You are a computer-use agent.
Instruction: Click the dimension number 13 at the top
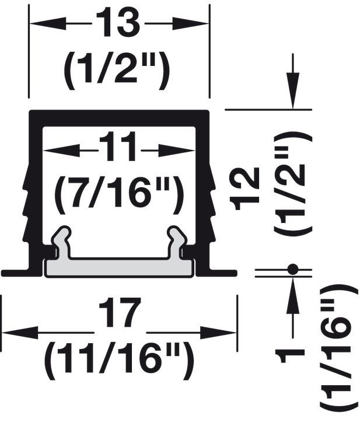[118, 22]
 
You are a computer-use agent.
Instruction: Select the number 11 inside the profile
[118, 146]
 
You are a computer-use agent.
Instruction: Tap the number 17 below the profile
[120, 312]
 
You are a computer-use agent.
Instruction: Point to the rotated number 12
[244, 188]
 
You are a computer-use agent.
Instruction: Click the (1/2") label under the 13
[117, 70]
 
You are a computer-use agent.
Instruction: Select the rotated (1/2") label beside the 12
[293, 184]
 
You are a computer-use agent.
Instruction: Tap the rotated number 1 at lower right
[289, 357]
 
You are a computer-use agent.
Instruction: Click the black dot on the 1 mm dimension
[293, 269]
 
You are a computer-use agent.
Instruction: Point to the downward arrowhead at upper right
[293, 90]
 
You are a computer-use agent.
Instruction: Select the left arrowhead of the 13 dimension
[47, 24]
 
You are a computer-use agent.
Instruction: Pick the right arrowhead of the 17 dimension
[218, 332]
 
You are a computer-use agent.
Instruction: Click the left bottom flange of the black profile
[16, 273]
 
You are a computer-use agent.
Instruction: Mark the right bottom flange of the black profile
[223, 273]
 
